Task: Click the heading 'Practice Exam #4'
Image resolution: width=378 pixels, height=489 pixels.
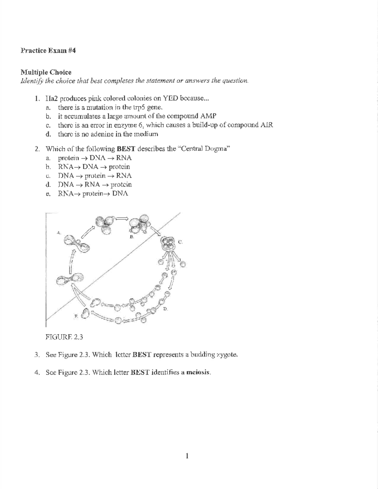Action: pyautogui.click(x=48, y=51)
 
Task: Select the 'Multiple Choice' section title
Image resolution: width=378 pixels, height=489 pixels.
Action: pyautogui.click(x=46, y=72)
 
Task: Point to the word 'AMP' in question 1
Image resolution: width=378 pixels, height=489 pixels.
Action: pyautogui.click(x=209, y=116)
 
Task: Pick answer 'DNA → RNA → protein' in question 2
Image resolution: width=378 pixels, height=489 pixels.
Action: pyautogui.click(x=95, y=185)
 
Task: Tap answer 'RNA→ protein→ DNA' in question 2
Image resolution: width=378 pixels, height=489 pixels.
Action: pyautogui.click(x=93, y=194)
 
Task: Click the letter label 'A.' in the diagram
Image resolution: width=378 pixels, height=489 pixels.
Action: pyautogui.click(x=58, y=232)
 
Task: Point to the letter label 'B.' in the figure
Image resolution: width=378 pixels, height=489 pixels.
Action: pyautogui.click(x=132, y=236)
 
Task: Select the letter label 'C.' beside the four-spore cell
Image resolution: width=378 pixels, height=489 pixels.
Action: pyautogui.click(x=180, y=242)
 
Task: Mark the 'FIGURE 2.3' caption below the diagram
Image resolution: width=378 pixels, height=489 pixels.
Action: pyautogui.click(x=64, y=337)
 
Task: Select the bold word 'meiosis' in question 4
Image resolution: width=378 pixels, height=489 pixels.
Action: pyautogui.click(x=198, y=372)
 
